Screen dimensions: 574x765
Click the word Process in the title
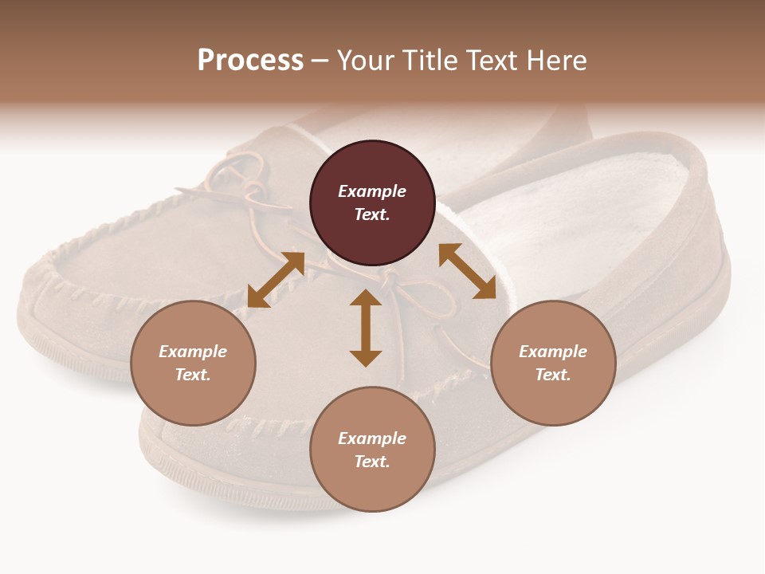250,61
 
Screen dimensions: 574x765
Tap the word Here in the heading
555,61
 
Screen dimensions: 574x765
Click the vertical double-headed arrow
366,328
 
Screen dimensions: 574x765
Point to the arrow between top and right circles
468,272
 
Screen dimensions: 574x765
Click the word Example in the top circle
372,191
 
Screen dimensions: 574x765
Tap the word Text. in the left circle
193,375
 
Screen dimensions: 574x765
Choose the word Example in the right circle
553,352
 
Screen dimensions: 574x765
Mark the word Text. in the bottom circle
372,462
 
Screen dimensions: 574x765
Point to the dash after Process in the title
320,61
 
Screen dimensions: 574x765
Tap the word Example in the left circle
193,352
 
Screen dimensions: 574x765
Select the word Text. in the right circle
553,375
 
